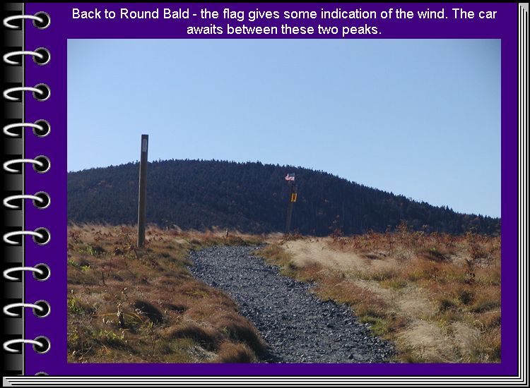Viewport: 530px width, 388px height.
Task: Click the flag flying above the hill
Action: click(290, 177)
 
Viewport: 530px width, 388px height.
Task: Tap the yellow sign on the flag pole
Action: click(294, 197)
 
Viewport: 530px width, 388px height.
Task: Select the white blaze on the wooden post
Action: click(145, 145)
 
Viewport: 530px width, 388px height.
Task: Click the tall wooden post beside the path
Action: click(143, 190)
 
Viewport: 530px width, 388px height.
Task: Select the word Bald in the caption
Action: click(177, 14)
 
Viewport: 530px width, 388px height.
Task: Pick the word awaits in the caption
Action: click(205, 30)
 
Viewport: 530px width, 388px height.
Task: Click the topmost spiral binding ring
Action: click(27, 20)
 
